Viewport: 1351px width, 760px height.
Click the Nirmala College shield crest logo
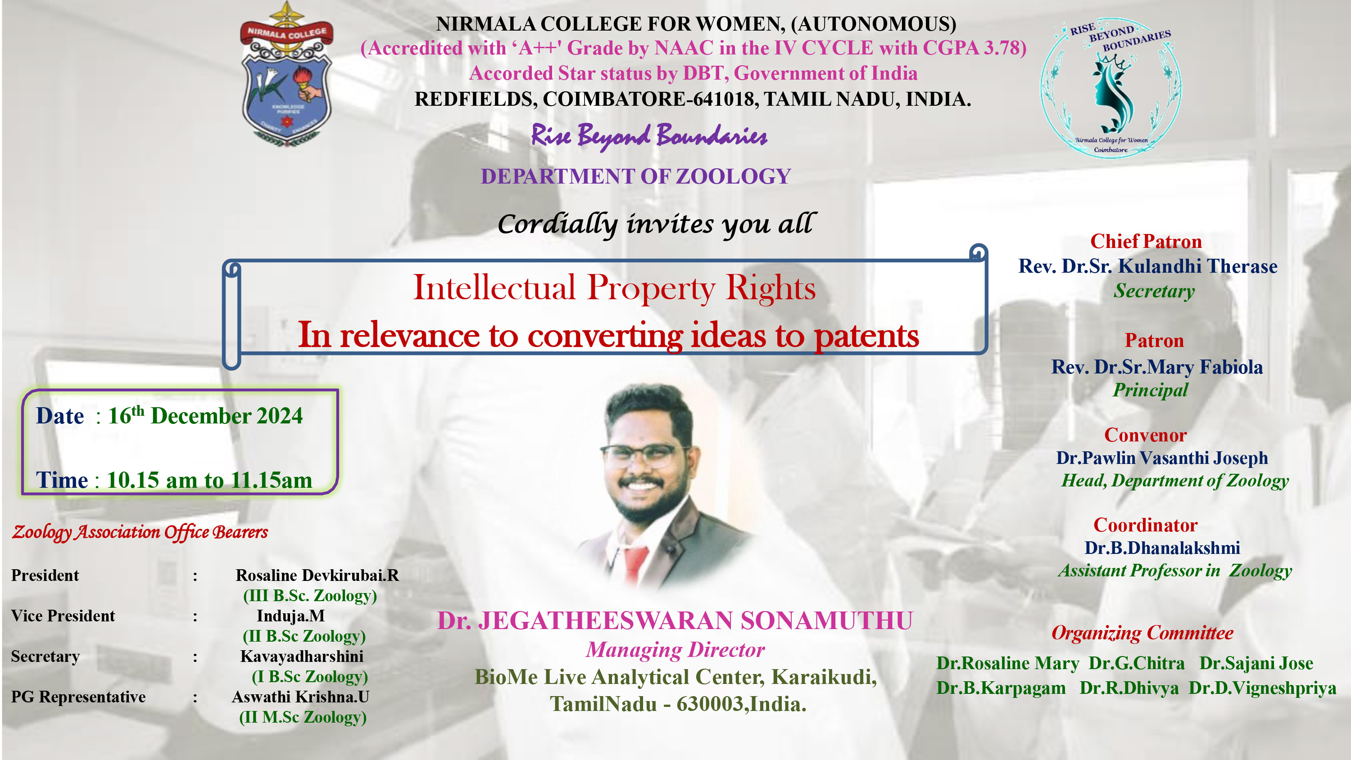tap(286, 74)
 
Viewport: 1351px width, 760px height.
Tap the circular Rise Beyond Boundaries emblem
tap(1111, 87)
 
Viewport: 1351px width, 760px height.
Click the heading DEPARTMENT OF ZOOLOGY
tap(635, 177)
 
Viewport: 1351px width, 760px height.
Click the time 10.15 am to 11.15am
tap(209, 480)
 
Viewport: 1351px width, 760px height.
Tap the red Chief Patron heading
tap(1146, 241)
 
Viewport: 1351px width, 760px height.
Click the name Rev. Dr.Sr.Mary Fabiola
tap(1157, 367)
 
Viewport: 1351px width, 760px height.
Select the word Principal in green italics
tap(1150, 391)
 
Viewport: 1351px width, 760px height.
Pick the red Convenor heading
tap(1145, 435)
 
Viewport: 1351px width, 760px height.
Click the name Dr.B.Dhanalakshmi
tap(1162, 548)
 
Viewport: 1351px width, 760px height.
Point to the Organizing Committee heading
tap(1142, 633)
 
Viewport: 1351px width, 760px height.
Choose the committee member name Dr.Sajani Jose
tap(1256, 664)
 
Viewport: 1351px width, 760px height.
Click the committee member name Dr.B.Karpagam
tap(1001, 688)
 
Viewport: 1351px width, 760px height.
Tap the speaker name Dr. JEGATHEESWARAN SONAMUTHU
tap(675, 621)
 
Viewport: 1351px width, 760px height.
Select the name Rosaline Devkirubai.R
tap(317, 576)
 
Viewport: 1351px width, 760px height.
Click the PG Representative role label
tap(78, 697)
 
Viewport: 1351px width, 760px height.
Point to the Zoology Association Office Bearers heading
tap(140, 532)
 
